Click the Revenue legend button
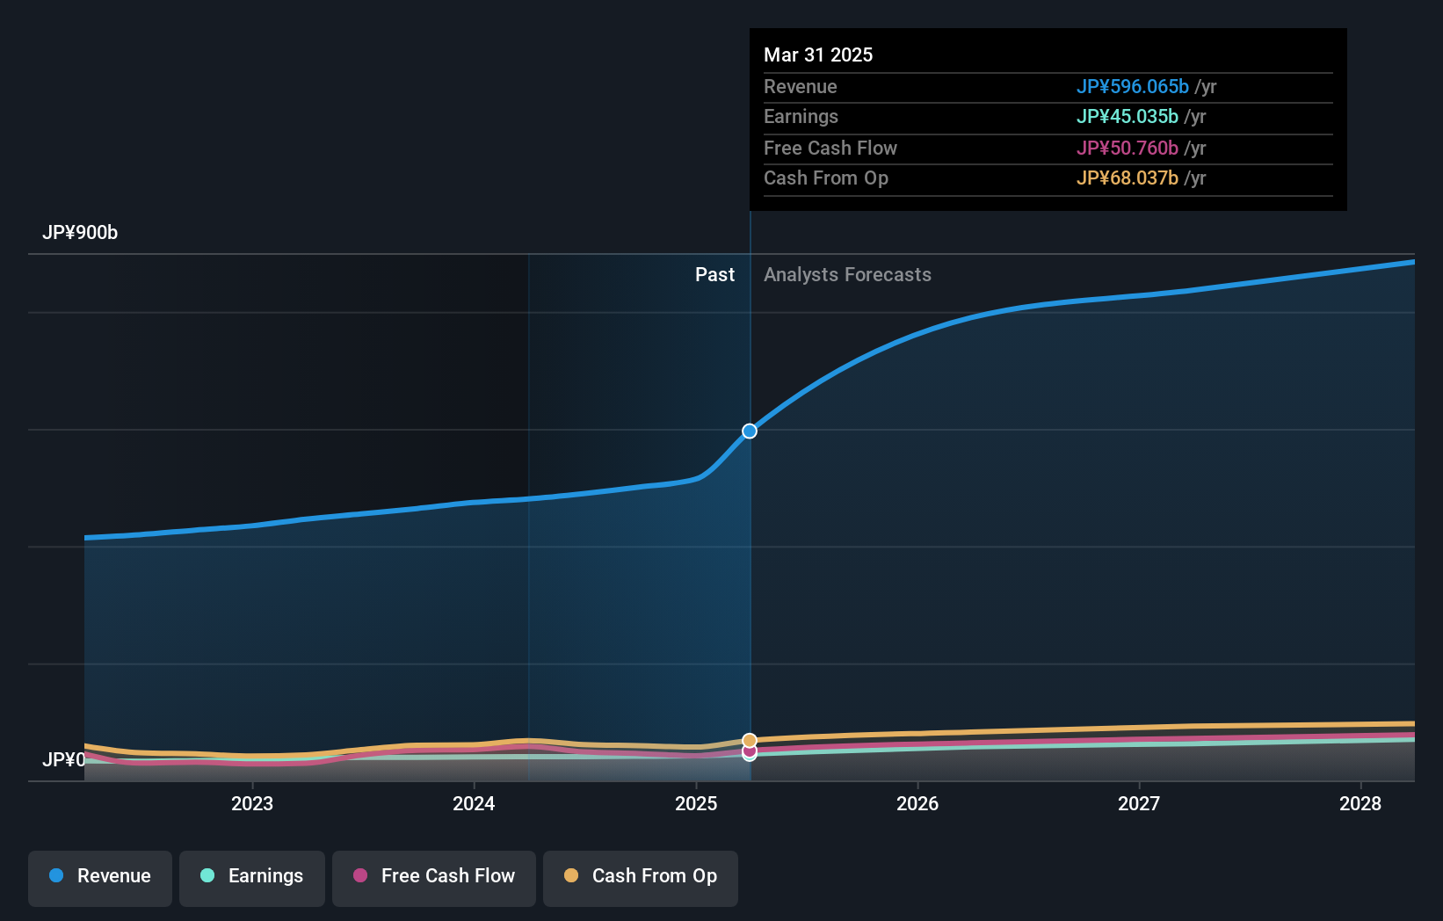(100, 876)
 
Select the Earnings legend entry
(252, 876)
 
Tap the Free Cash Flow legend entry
(434, 876)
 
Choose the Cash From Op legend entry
(641, 876)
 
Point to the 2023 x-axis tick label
(252, 803)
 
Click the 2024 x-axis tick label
(474, 803)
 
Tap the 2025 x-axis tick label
(696, 803)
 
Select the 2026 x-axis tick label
(917, 803)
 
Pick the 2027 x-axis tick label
(1139, 803)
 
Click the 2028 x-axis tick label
(1360, 803)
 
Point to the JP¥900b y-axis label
(80, 233)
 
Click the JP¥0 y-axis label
(64, 759)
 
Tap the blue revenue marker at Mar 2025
(750, 431)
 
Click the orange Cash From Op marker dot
(750, 741)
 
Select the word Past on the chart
(714, 275)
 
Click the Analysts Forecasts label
(847, 275)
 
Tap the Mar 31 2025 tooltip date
(818, 54)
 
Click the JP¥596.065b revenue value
(1132, 87)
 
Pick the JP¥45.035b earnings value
(1127, 117)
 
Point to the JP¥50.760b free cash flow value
(1127, 149)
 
